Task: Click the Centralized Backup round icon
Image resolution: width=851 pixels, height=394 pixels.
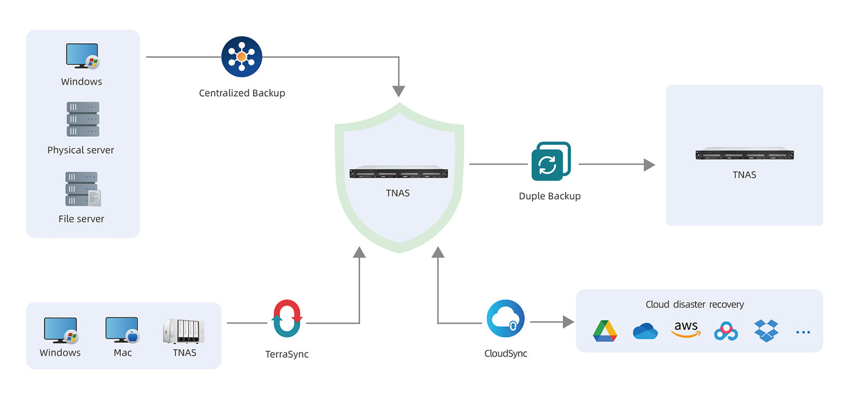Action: pos(242,57)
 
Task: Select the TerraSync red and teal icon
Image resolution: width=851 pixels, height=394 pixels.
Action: pos(287,319)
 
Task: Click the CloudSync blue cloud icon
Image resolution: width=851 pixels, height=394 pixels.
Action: pos(505,319)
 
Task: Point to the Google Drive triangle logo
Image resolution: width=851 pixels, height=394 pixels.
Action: pos(605,331)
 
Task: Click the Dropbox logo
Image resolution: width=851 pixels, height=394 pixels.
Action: pos(766,330)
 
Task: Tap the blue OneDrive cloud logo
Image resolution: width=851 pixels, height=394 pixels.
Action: pos(645,331)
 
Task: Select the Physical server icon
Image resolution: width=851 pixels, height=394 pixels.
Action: pos(83,119)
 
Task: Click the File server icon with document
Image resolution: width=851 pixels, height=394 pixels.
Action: pos(83,189)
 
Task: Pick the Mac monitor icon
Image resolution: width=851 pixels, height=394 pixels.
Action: pos(122,330)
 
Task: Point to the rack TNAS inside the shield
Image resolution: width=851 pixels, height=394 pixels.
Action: pos(398,173)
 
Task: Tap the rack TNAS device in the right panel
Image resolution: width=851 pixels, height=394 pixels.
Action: pos(744,154)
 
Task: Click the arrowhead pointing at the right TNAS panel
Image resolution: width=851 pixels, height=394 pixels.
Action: pos(649,165)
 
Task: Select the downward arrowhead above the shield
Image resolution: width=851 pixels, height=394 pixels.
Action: pos(399,91)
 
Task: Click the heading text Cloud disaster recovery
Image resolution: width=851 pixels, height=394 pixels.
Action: pos(694,304)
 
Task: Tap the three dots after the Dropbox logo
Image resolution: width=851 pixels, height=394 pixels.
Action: pos(803,332)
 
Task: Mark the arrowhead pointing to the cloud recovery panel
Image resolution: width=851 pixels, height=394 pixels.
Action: pos(568,322)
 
